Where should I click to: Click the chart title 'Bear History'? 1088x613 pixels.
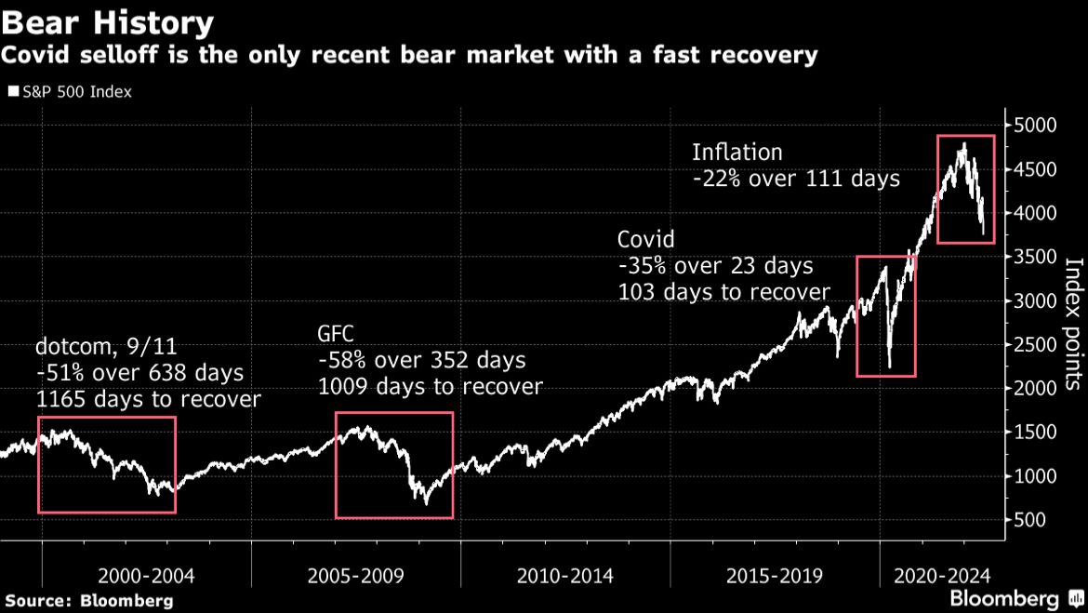point(108,21)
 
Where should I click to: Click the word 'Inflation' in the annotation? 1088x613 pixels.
point(737,152)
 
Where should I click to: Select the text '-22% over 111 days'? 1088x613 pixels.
point(796,178)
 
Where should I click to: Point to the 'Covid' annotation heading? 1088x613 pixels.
point(646,239)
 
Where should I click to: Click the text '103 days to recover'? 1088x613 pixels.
point(723,291)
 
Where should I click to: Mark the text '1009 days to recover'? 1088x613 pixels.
point(430,385)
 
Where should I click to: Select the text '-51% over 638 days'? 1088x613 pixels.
point(139,373)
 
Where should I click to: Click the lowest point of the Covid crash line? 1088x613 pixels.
point(890,367)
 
